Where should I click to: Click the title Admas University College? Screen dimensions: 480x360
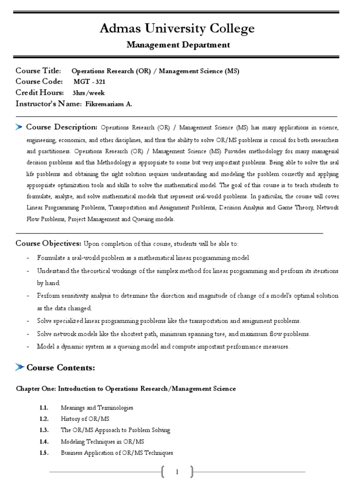click(x=177, y=29)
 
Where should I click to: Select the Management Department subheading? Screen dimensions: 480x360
click(x=178, y=45)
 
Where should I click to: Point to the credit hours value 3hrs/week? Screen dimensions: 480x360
click(x=88, y=93)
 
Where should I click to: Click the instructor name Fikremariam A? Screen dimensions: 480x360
click(x=109, y=104)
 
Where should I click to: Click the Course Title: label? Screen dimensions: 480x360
click(x=38, y=71)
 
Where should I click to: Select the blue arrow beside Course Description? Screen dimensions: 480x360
click(x=19, y=127)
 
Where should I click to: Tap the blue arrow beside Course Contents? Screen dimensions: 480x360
click(x=19, y=367)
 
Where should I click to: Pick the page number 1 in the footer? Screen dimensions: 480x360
click(x=177, y=472)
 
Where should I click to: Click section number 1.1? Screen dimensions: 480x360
click(x=44, y=408)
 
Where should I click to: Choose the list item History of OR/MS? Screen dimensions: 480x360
click(x=85, y=419)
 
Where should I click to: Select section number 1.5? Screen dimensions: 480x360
click(x=44, y=453)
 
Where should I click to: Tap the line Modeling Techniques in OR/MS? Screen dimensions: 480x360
click(x=102, y=442)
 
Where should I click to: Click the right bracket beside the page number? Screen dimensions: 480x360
click(x=192, y=472)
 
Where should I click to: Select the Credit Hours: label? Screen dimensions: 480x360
click(x=39, y=92)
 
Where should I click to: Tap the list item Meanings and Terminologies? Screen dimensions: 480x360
click(x=97, y=408)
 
